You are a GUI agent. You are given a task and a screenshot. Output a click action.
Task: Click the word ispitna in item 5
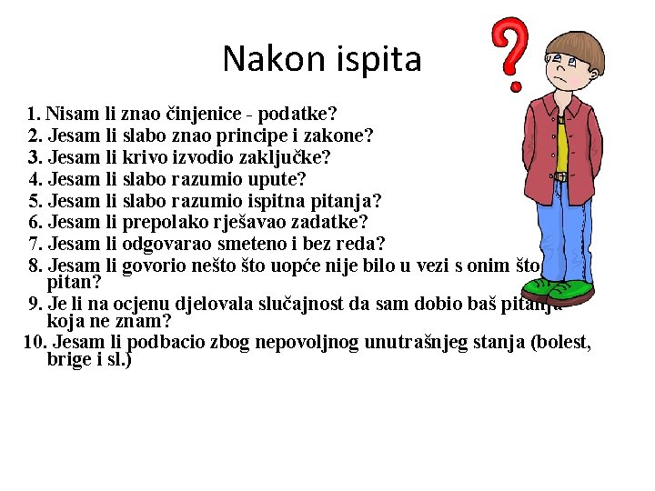(x=283, y=200)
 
